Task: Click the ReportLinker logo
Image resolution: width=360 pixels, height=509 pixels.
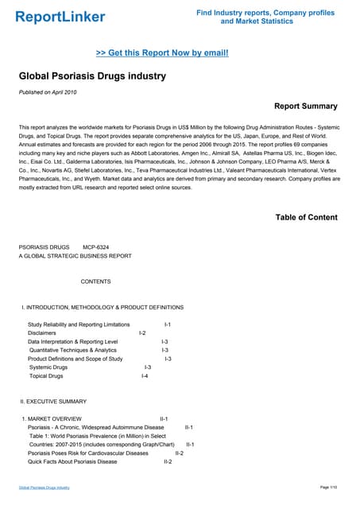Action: pos(60,17)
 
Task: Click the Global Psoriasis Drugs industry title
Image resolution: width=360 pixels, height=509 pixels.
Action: pos(92,76)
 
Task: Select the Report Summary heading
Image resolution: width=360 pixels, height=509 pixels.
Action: pos(305,106)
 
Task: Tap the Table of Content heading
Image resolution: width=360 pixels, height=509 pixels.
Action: pos(306,217)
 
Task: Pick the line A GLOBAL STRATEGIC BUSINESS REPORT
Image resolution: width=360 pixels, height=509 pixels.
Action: pos(75,255)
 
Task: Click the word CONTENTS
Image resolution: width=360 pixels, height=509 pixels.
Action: pos(96,282)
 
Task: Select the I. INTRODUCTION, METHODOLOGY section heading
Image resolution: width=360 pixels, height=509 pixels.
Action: pos(103,307)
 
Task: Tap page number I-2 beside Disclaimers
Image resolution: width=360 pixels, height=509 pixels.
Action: pos(142,333)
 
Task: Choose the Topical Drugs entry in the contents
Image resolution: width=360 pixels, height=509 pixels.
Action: pos(48,375)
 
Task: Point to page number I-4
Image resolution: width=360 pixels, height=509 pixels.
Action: pos(144,375)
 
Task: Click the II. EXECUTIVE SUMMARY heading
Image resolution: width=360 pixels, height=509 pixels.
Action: pos(53,402)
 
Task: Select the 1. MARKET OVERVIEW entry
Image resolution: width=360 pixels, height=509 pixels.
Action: pos(52,418)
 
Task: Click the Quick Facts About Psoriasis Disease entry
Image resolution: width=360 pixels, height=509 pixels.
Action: pos(72,461)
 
